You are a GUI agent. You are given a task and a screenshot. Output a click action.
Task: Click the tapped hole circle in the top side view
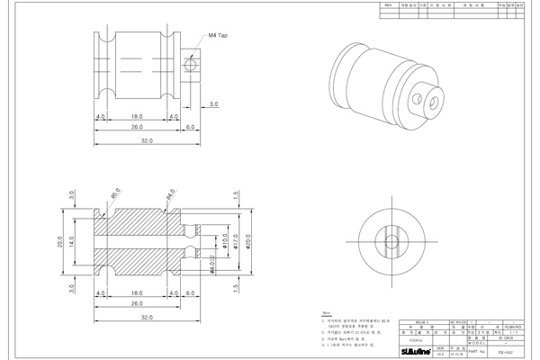coord(189,65)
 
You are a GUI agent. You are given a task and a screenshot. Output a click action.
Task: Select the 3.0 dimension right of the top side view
coord(213,105)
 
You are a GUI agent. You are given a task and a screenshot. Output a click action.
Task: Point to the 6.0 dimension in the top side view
coord(190,128)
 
